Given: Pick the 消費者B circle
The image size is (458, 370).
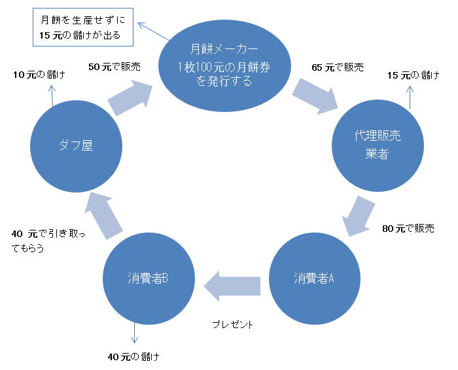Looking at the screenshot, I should (149, 278).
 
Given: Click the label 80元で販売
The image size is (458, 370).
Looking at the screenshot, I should (408, 229).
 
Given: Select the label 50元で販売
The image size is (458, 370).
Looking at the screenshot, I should (114, 67).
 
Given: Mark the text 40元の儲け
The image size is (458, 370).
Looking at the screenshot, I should (133, 357).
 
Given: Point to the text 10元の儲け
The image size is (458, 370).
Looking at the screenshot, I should (40, 75).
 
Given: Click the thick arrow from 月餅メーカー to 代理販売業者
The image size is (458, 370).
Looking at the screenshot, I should (316, 93).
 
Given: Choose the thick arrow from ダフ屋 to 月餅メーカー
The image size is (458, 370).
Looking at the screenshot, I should (133, 94).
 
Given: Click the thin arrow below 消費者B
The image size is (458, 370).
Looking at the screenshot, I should (135, 332).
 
